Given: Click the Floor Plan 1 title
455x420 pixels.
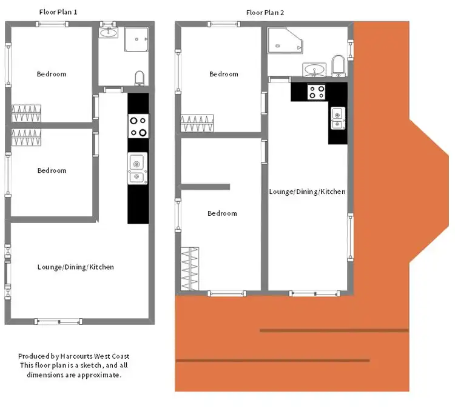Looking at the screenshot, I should point(58,12).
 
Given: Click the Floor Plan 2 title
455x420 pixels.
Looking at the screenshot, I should point(265,12).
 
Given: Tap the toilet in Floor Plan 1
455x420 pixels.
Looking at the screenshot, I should point(140,78).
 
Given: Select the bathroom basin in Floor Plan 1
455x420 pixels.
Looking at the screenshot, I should point(109,32).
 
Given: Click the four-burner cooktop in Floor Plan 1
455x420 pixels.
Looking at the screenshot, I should point(138,126).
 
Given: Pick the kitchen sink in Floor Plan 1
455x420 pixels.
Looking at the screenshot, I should point(137,168).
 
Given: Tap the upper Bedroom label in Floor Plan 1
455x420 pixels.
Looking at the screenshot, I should point(52,74).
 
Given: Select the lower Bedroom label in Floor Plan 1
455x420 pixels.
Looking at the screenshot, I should point(52,170).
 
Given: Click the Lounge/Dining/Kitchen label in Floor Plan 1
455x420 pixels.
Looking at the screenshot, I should point(75,267).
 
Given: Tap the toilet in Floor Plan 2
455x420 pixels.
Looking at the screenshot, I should point(338,66).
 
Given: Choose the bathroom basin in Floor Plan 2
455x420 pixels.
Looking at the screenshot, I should point(315,70).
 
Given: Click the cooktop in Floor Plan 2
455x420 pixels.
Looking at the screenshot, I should point(316,92).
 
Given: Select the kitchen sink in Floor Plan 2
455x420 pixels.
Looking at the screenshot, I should point(337,118).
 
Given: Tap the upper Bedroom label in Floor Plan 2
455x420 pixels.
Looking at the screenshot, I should point(224,74).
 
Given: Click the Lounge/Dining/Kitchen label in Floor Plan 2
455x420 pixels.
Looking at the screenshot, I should point(308,192).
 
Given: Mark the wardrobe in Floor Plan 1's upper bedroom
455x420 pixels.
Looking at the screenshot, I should point(27,112).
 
